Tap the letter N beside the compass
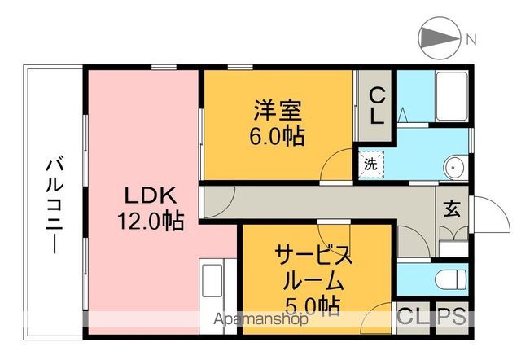click(x=471, y=38)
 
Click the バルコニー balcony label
click(x=54, y=204)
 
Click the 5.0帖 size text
click(x=313, y=307)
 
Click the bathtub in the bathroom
click(x=449, y=97)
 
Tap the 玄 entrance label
click(x=450, y=209)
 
